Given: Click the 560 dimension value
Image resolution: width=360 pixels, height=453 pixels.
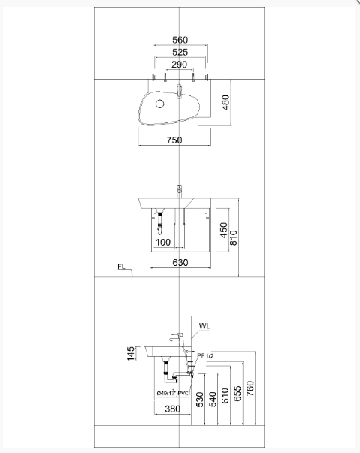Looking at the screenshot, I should coord(180,40).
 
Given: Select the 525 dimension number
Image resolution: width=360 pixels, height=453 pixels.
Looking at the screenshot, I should coord(180,53).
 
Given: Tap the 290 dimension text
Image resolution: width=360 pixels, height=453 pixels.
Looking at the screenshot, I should coord(180,65).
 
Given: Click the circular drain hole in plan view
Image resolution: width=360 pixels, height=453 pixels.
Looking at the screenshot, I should coord(160,104).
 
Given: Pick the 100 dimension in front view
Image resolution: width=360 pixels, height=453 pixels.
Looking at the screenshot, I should coord(164,242).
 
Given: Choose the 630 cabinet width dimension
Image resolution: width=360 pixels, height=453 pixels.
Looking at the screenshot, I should coord(180,263).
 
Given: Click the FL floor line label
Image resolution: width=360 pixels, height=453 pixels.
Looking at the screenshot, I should coord(123,267).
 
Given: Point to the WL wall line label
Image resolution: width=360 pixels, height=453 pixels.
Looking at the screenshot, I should coord(205,326).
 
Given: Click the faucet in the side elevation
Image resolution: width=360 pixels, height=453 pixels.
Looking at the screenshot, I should coord(177,337).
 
